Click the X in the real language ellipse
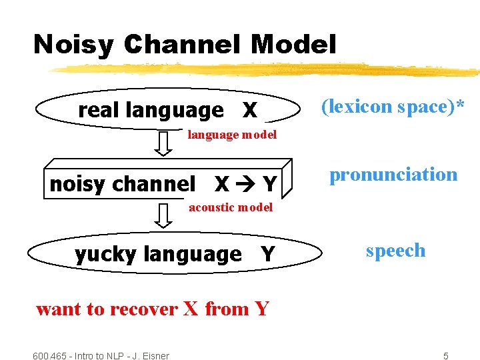pyautogui.click(x=249, y=109)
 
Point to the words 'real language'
pyautogui.click(x=151, y=109)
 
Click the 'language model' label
pyautogui.click(x=232, y=135)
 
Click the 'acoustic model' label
pyautogui.click(x=231, y=207)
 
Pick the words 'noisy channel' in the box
pyautogui.click(x=123, y=183)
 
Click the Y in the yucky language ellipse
pyautogui.click(x=267, y=254)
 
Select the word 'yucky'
pyautogui.click(x=107, y=254)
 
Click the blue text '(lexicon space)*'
pyautogui.click(x=393, y=106)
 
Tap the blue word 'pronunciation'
pyautogui.click(x=393, y=175)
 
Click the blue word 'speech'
pyautogui.click(x=395, y=251)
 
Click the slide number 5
pyautogui.click(x=446, y=356)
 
